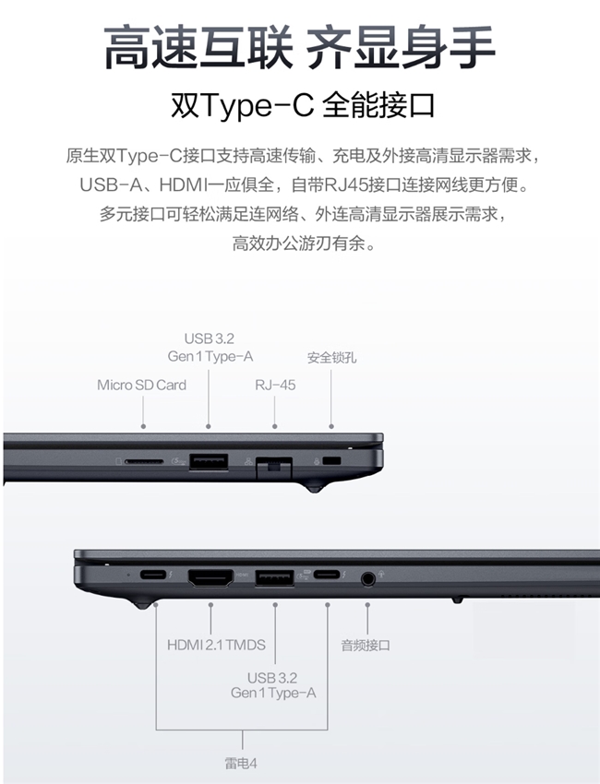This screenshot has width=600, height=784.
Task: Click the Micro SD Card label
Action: click(x=141, y=385)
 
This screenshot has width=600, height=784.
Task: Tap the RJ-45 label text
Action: click(x=275, y=385)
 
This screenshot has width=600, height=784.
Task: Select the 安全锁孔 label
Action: click(x=331, y=358)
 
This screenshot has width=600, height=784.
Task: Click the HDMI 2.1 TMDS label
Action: click(x=216, y=645)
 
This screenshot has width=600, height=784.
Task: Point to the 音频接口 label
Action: click(x=366, y=645)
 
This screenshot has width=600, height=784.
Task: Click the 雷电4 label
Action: click(x=241, y=764)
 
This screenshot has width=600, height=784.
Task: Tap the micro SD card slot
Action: click(x=144, y=461)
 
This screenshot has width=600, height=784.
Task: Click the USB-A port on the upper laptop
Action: click(x=209, y=461)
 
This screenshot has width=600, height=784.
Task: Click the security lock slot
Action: click(x=332, y=460)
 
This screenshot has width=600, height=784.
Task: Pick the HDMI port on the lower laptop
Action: click(x=210, y=578)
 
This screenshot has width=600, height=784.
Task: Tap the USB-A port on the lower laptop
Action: click(x=275, y=578)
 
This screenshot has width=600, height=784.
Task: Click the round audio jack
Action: click(x=367, y=579)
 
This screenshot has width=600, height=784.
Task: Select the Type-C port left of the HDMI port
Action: click(x=152, y=575)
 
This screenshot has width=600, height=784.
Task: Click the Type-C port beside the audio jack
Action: click(x=327, y=575)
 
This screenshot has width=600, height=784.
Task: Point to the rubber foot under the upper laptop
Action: click(x=314, y=486)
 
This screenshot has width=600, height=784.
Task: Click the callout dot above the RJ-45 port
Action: click(x=274, y=426)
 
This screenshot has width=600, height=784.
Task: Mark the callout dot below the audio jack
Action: click(x=367, y=604)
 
